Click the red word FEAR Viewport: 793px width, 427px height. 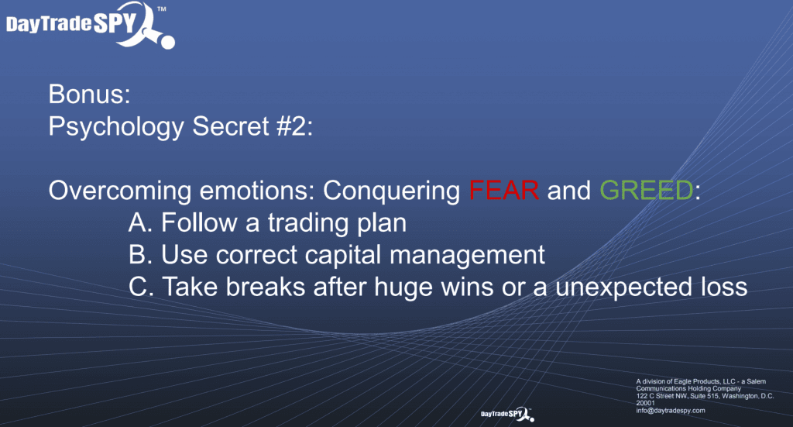[503, 191]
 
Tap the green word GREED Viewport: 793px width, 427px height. [647, 191]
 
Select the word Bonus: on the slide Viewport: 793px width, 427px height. [90, 94]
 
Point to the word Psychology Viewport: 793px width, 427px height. [116, 128]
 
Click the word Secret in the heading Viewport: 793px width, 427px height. [231, 126]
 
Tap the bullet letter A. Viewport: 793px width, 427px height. [140, 222]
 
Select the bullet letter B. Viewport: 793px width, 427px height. [140, 254]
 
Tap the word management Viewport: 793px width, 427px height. [467, 256]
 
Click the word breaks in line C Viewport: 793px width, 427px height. [266, 287]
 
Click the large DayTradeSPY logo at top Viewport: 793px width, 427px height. [91, 25]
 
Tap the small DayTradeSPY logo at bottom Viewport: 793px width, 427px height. [507, 414]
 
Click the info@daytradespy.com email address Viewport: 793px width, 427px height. [671, 410]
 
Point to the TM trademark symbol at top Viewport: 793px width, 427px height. [162, 9]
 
